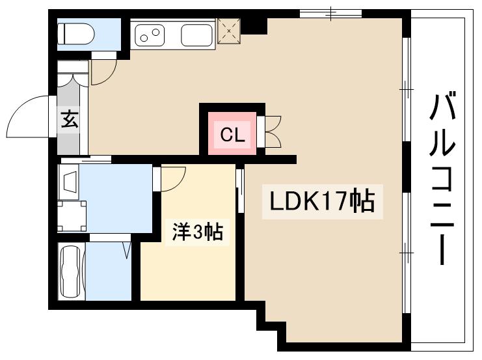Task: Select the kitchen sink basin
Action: click(196, 35)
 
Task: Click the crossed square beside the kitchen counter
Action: click(230, 29)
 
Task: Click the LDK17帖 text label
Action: click(318, 201)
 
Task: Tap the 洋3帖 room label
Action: click(197, 232)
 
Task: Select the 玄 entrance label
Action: click(70, 120)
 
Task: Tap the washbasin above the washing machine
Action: click(70, 180)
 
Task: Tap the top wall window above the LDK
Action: click(330, 13)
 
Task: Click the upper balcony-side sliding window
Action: click(406, 87)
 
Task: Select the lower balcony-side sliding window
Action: click(406, 247)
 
